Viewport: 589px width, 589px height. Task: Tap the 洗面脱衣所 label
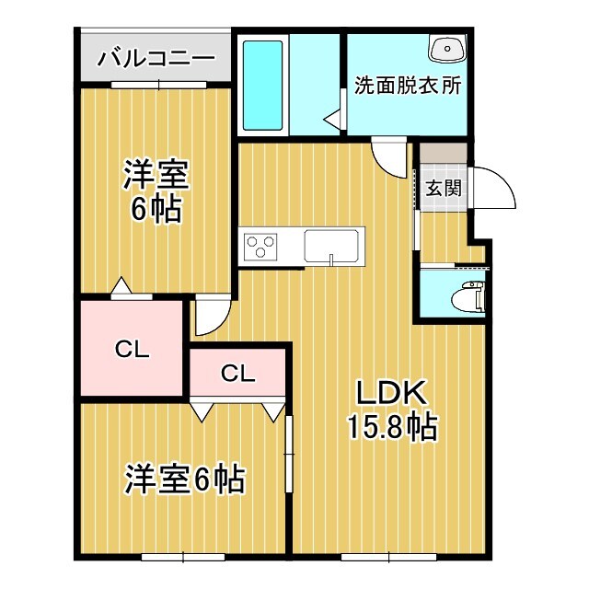(408, 89)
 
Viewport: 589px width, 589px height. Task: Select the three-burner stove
(260, 247)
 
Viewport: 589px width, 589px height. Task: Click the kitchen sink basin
(334, 246)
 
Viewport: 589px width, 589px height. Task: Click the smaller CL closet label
(237, 373)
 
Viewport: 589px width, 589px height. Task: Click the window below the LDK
(375, 555)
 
